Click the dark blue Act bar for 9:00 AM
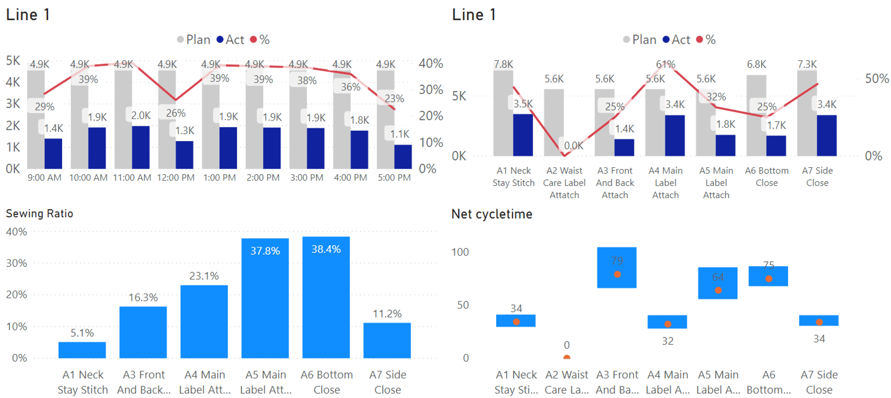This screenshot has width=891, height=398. [x=53, y=153]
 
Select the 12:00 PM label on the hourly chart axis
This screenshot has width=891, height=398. [x=176, y=178]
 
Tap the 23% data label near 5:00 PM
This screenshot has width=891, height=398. [x=394, y=99]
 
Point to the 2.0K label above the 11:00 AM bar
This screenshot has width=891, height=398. [x=141, y=115]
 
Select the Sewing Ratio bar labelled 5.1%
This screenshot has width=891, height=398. [x=82, y=350]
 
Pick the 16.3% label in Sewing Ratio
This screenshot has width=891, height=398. [x=143, y=298]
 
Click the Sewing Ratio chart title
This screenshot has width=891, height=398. [x=40, y=214]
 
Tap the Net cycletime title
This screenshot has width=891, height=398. [x=491, y=214]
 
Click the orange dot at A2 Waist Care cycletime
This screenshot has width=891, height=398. [x=566, y=357]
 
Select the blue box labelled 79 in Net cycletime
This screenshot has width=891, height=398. [x=616, y=267]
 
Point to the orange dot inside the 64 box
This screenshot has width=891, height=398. [x=718, y=290]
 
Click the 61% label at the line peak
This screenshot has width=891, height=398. [x=666, y=64]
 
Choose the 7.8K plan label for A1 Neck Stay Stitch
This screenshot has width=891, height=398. [x=503, y=64]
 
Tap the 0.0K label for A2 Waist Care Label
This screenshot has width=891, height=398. [x=573, y=146]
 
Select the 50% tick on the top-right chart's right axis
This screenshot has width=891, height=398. [x=877, y=79]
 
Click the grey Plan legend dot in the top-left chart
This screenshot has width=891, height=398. [x=180, y=40]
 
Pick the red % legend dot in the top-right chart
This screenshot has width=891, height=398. [x=699, y=40]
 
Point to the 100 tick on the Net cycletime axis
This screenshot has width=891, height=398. [x=460, y=252]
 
